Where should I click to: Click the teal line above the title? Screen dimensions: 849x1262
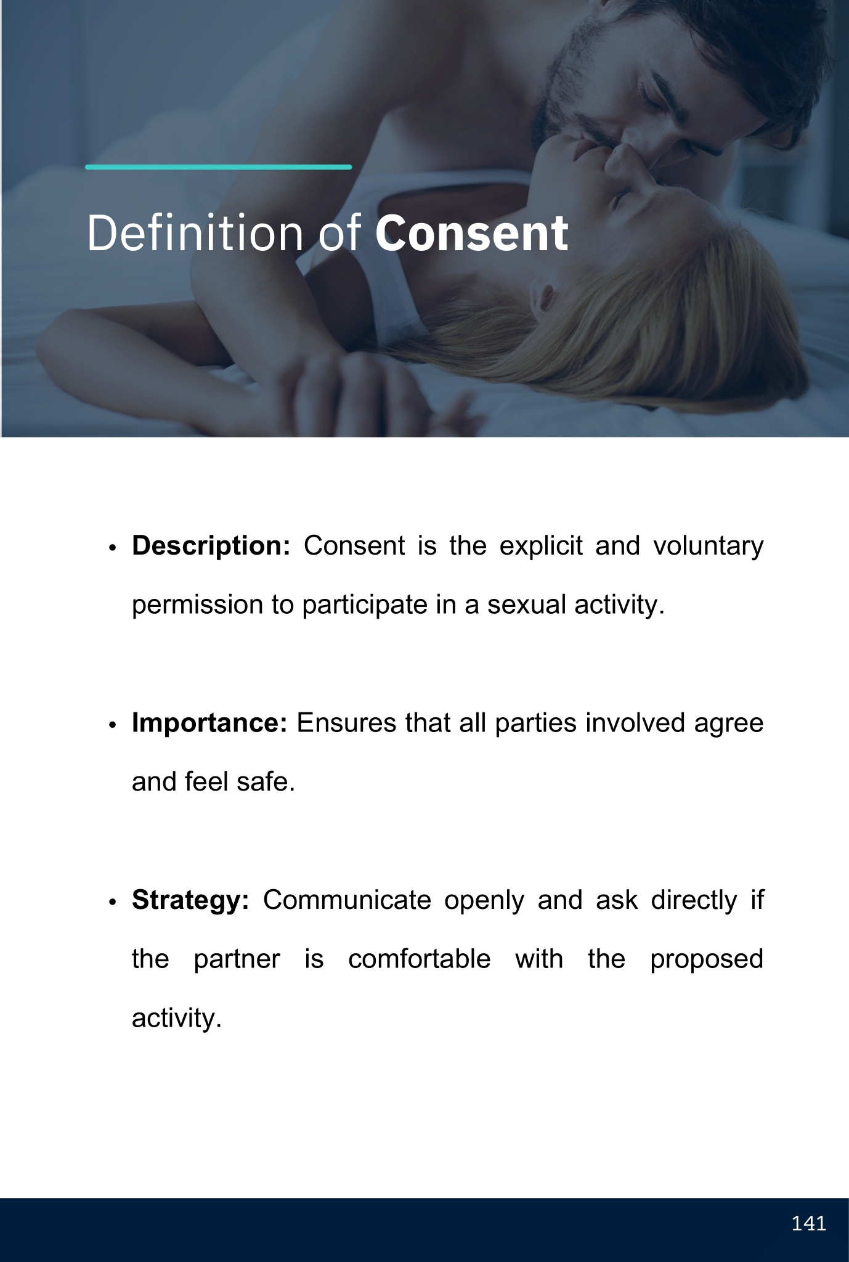(x=218, y=167)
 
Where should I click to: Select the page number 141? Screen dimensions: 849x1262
(x=808, y=1223)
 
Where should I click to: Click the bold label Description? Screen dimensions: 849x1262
(x=211, y=547)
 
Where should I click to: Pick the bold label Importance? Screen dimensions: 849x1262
(x=209, y=723)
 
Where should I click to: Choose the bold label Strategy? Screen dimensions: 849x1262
(x=190, y=901)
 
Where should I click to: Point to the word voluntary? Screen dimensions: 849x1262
(x=708, y=547)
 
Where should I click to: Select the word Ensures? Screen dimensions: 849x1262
(x=347, y=723)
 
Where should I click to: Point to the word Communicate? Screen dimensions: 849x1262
(x=347, y=901)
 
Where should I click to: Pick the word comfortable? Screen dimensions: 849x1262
(x=419, y=959)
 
